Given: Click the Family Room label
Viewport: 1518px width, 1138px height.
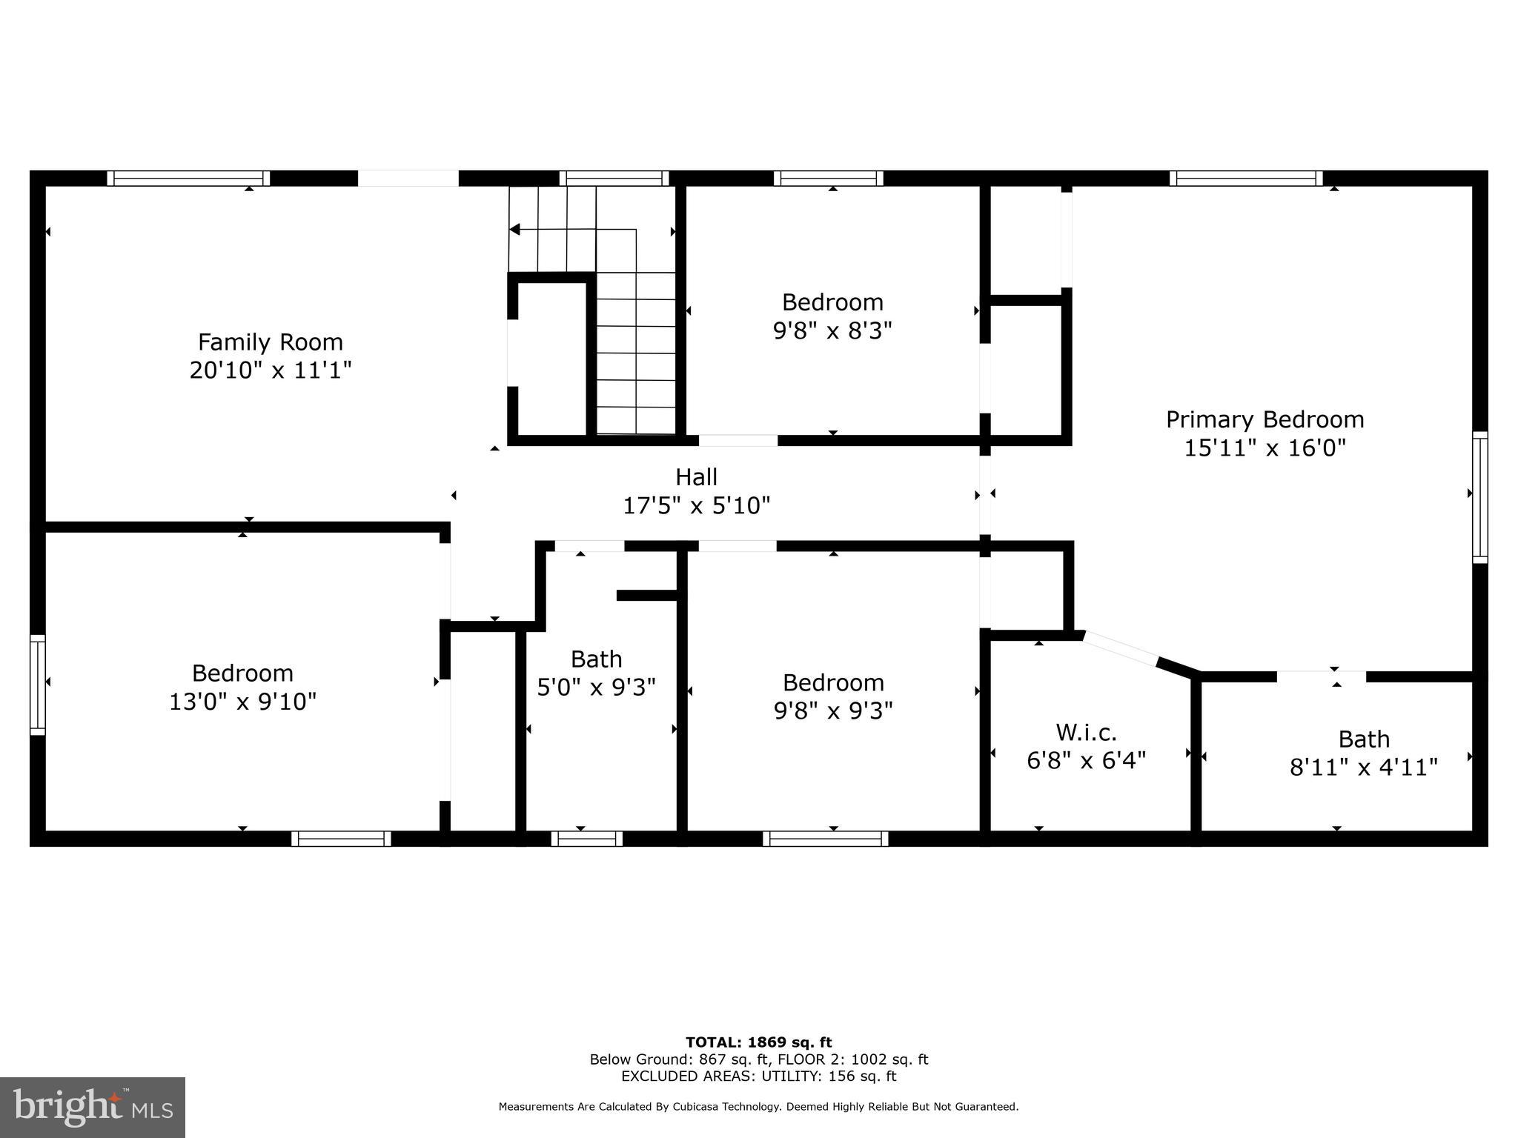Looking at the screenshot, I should click(270, 342).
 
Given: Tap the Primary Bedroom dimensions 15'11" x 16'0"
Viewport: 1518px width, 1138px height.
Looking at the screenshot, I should click(1265, 448).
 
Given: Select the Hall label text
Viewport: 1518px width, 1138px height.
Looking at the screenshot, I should click(696, 477).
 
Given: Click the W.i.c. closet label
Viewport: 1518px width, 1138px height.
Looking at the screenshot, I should click(1086, 733).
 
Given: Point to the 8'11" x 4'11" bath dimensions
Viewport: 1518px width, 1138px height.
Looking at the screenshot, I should click(1363, 767).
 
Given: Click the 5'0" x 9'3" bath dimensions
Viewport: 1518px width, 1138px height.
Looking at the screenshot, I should click(596, 688).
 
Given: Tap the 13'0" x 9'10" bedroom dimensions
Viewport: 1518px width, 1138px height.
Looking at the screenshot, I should click(242, 701).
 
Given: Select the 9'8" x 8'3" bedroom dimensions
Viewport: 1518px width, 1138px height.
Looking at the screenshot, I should click(832, 330).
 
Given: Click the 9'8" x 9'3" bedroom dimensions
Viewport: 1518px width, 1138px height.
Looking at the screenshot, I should click(833, 711).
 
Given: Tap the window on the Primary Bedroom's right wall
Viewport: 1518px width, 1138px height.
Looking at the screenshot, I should click(1479, 497).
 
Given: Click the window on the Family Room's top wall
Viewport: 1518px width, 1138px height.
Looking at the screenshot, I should click(188, 178).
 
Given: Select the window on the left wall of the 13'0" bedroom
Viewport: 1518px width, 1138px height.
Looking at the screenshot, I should click(37, 685).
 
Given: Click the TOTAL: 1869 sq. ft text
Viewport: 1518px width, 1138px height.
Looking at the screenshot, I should click(758, 1042).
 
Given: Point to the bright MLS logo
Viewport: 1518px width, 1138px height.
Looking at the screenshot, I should click(92, 1108).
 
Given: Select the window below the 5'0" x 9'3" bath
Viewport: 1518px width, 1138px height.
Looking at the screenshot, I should click(586, 839).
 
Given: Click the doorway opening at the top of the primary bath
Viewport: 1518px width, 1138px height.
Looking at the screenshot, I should click(1321, 676).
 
